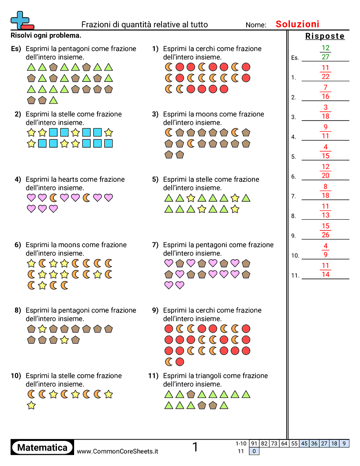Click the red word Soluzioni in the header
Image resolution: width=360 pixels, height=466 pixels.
(297, 24)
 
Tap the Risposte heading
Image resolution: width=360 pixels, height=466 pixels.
(325, 36)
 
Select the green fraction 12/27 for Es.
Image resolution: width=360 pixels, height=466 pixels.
(326, 53)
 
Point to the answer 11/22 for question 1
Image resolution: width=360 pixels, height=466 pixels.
(326, 72)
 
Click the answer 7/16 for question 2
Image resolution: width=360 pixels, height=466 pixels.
(326, 92)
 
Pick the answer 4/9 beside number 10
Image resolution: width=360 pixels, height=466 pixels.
(326, 250)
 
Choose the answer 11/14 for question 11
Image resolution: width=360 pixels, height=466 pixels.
(326, 270)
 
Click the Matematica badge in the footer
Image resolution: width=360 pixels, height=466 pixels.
(42, 447)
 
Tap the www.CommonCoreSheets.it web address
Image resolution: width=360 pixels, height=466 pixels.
(117, 451)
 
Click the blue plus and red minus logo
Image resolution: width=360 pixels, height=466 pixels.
(21, 20)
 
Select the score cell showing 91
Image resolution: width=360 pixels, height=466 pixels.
(254, 443)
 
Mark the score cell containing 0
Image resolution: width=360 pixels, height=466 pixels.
(254, 451)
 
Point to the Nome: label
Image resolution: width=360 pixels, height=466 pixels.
(256, 25)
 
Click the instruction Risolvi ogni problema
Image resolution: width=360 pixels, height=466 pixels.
(46, 35)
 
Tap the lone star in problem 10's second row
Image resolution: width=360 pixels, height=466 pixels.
(31, 406)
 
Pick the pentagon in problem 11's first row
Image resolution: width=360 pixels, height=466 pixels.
(191, 394)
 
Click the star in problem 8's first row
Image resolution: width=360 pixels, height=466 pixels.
(42, 329)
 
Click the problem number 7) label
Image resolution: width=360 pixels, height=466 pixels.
(155, 245)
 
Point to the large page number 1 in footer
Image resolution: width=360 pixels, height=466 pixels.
(195, 447)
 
